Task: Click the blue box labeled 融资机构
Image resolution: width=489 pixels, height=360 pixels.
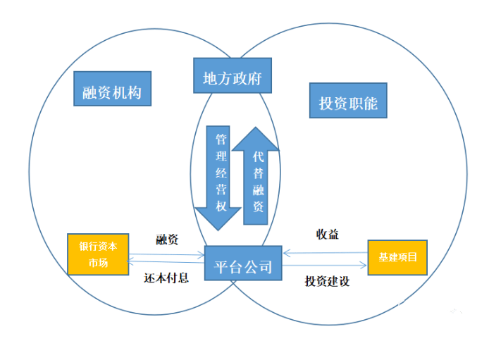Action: coord(112,91)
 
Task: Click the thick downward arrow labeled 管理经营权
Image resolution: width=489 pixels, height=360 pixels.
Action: coord(218,176)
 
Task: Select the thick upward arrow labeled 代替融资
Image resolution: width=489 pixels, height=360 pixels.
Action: coord(256,176)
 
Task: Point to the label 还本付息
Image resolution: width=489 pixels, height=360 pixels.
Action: coord(167,278)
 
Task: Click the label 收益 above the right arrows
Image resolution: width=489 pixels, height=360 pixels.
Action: coord(328,234)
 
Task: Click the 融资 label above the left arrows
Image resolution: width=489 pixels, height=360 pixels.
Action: coord(168,240)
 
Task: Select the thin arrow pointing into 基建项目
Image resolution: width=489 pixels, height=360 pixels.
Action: coord(363,266)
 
